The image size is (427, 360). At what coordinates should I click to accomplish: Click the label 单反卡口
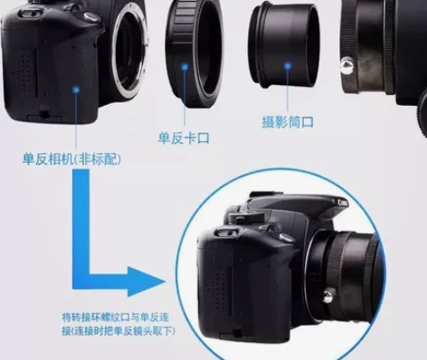184,138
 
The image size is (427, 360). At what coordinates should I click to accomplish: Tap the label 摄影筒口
288,122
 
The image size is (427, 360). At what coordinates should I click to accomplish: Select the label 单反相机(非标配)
71,159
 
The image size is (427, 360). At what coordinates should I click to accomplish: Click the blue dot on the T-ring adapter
185,67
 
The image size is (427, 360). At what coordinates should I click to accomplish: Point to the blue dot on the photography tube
288,65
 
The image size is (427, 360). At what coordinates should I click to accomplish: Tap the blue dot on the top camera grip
76,90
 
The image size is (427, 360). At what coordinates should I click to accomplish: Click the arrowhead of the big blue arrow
147,281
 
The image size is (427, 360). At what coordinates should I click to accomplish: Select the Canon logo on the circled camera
343,203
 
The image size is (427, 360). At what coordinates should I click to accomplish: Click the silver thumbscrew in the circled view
328,295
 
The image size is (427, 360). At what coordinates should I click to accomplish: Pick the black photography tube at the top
283,46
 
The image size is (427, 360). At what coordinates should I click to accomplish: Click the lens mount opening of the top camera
130,52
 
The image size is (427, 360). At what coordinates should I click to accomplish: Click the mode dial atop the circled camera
247,217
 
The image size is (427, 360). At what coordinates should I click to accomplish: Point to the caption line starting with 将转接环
115,317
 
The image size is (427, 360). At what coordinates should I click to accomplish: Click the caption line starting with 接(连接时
119,331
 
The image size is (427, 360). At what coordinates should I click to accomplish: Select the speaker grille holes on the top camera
23,70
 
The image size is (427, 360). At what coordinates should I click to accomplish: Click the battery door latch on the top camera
44,114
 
